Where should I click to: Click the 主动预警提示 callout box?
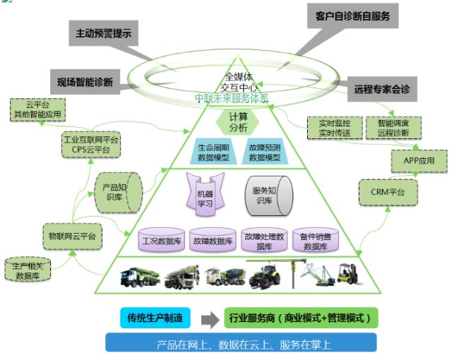point(103,32)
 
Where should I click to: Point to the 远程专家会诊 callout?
point(382,89)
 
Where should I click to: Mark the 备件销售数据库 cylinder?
point(315,240)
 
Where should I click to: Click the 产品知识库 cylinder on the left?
point(117,191)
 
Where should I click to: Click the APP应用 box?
point(420,160)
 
